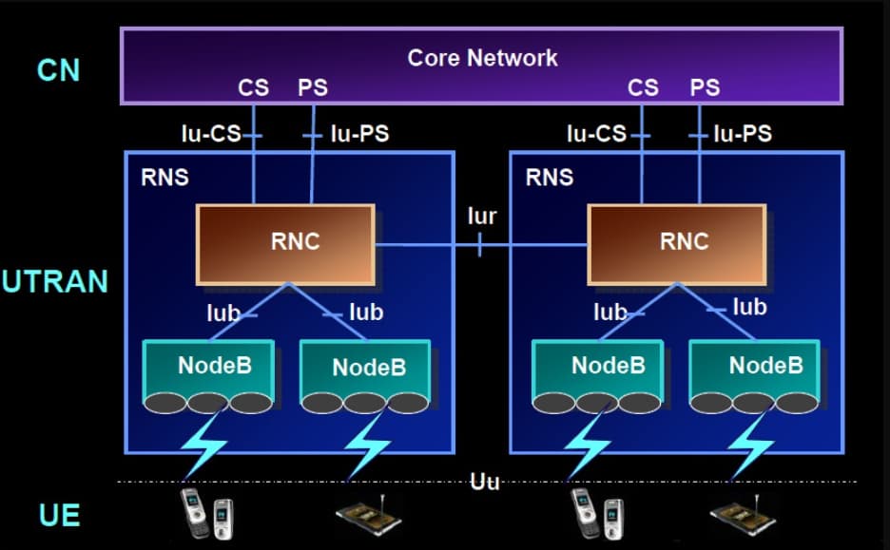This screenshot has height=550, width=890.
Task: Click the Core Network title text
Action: pos(482,57)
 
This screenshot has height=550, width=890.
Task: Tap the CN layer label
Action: pos(58,70)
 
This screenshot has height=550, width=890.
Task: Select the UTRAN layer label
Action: pos(55,282)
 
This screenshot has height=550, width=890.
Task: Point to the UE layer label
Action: pos(59,516)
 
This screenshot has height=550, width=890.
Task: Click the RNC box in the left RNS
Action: pos(285,243)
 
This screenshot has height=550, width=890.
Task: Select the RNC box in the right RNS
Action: pos(676,243)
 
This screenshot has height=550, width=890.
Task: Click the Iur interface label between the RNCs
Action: pos(482,216)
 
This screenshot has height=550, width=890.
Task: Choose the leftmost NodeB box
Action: pos(210,367)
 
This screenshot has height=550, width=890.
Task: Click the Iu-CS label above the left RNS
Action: pos(211,134)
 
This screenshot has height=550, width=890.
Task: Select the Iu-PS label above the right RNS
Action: pos(743,134)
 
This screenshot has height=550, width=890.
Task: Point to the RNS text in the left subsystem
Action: pos(164,177)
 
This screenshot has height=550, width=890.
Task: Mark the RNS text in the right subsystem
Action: pos(550,177)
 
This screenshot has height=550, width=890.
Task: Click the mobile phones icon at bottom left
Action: pos(207,512)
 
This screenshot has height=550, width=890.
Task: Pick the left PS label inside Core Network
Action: pos(313,88)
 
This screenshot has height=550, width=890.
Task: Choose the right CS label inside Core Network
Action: pos(643,88)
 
